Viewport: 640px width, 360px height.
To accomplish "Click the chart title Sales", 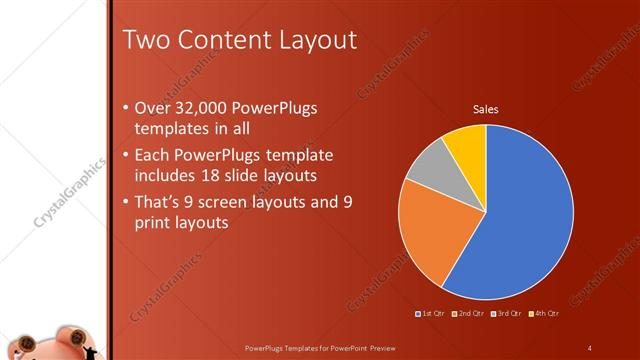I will [486, 109].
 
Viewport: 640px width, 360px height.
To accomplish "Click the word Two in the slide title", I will [144, 41].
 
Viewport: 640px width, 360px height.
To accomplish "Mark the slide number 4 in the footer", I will [590, 347].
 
